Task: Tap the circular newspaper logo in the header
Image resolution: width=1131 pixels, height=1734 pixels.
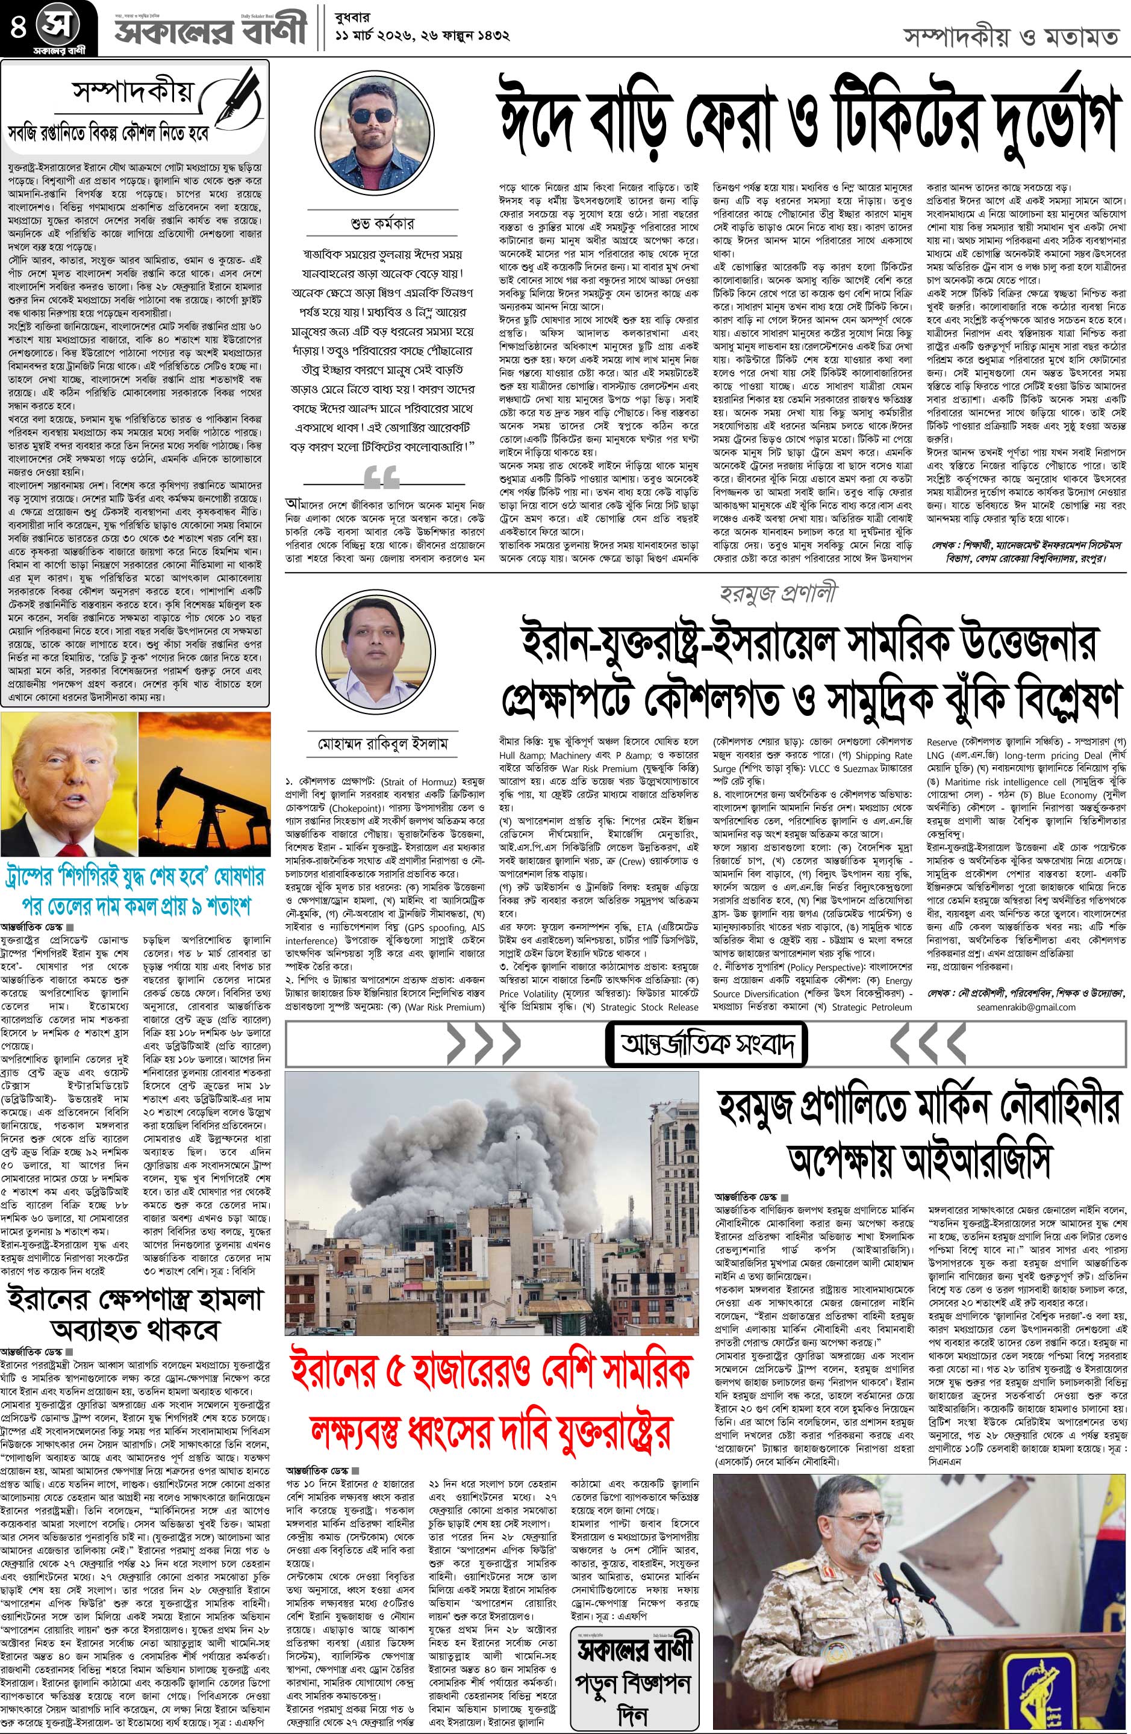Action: (58, 24)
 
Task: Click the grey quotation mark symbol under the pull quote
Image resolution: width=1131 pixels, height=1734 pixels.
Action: (381, 479)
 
